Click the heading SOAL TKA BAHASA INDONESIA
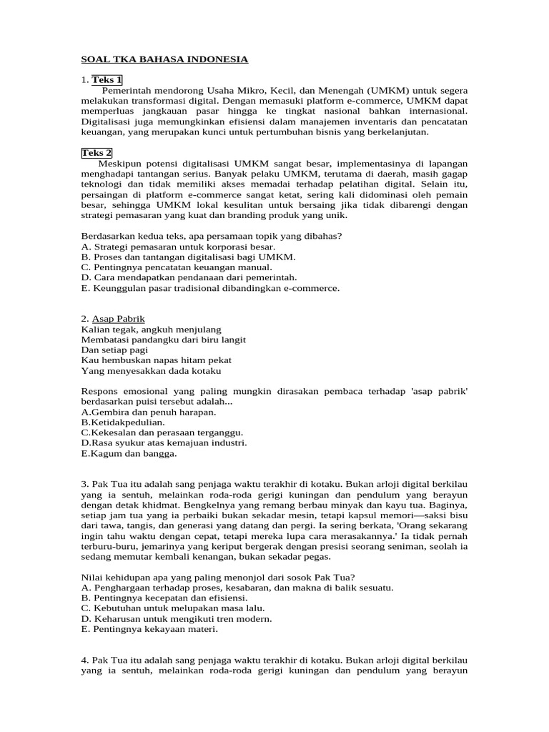point(164,59)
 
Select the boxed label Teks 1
point(107,79)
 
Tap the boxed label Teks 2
point(97,153)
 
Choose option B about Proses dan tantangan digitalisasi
point(188,257)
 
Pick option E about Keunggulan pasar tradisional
point(210,288)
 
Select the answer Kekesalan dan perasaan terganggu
point(162,432)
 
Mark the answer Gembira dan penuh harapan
point(149,412)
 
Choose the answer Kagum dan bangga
point(129,453)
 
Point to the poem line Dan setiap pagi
point(114,350)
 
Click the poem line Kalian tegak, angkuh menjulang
point(151,330)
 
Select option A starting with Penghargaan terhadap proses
point(237,588)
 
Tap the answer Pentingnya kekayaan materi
point(149,630)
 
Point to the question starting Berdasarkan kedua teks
point(211,235)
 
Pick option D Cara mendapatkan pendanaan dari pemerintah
point(189,277)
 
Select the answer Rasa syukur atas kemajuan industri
point(164,442)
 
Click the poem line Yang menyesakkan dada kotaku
point(151,371)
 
